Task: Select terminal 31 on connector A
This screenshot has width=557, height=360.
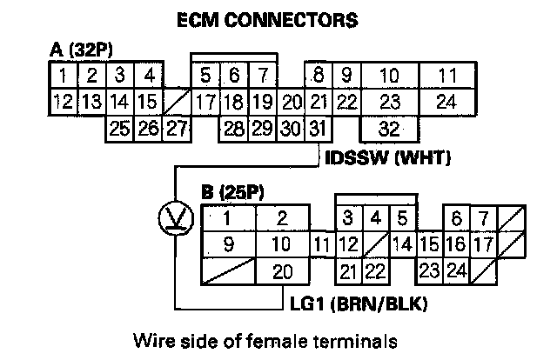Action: [x=319, y=130]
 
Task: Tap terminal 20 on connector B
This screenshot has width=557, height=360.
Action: [x=280, y=271]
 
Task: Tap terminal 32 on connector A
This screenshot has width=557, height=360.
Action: [x=389, y=130]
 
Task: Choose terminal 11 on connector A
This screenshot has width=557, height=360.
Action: [x=447, y=75]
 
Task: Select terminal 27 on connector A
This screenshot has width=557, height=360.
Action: [x=177, y=130]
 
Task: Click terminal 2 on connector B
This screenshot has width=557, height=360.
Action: [x=280, y=217]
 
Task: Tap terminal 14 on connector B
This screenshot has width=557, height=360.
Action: [x=402, y=244]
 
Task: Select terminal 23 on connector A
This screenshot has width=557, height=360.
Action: [x=389, y=102]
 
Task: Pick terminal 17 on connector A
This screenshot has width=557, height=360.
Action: [x=205, y=102]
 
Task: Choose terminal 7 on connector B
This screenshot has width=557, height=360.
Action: [x=484, y=217]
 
